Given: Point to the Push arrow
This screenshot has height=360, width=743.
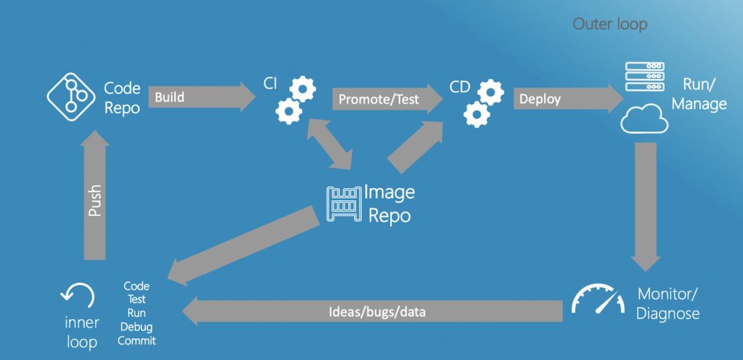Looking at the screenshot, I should (95, 197).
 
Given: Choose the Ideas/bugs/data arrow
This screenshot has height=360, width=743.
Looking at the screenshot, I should (375, 312).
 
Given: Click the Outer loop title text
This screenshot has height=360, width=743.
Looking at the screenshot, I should (610, 25).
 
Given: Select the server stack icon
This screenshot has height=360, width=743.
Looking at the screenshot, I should (644, 77).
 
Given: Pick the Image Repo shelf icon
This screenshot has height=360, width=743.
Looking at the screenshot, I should (343, 204).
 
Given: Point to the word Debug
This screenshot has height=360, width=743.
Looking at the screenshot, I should (137, 327).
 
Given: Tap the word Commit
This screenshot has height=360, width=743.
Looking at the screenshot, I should (137, 341).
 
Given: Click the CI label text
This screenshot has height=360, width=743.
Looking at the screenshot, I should (270, 85).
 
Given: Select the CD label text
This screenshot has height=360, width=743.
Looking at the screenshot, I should (460, 87).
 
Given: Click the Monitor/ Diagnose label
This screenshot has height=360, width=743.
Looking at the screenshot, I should (667, 304).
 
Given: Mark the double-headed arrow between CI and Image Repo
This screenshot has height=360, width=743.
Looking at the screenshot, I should (329, 144).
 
